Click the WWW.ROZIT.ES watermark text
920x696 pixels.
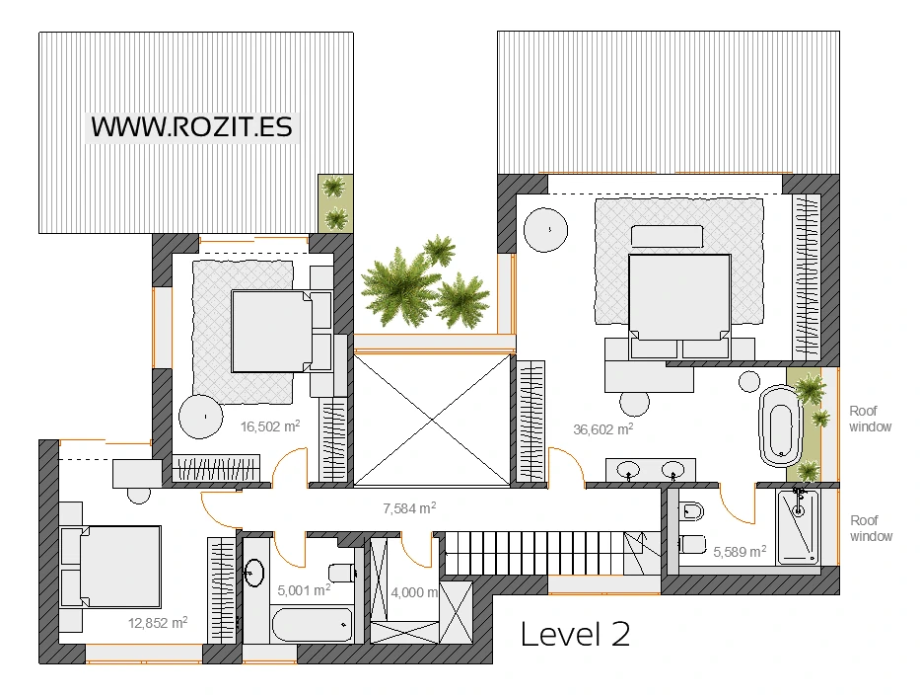pyautogui.click(x=192, y=127)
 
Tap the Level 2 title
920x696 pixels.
pyautogui.click(x=575, y=635)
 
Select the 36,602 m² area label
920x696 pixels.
pyautogui.click(x=603, y=429)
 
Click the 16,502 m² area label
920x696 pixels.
pyautogui.click(x=270, y=426)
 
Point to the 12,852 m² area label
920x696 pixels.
pyautogui.click(x=158, y=623)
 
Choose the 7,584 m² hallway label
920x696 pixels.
pyautogui.click(x=409, y=508)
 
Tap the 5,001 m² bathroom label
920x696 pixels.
pyautogui.click(x=304, y=590)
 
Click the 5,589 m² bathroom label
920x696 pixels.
pyautogui.click(x=740, y=552)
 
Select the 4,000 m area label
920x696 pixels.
pyautogui.click(x=415, y=592)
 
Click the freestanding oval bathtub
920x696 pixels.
pyautogui.click(x=780, y=425)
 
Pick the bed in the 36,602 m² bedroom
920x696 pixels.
pyautogui.click(x=679, y=305)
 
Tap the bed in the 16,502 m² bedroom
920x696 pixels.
pyautogui.click(x=271, y=331)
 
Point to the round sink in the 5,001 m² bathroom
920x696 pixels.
pyautogui.click(x=254, y=572)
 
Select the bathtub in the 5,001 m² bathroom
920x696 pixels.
pyautogui.click(x=313, y=625)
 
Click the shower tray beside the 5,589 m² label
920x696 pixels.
pyautogui.click(x=798, y=527)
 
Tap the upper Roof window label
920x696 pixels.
pyautogui.click(x=870, y=419)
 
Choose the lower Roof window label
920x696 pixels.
pyautogui.click(x=872, y=528)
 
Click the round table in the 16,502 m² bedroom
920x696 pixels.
pyautogui.click(x=201, y=417)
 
